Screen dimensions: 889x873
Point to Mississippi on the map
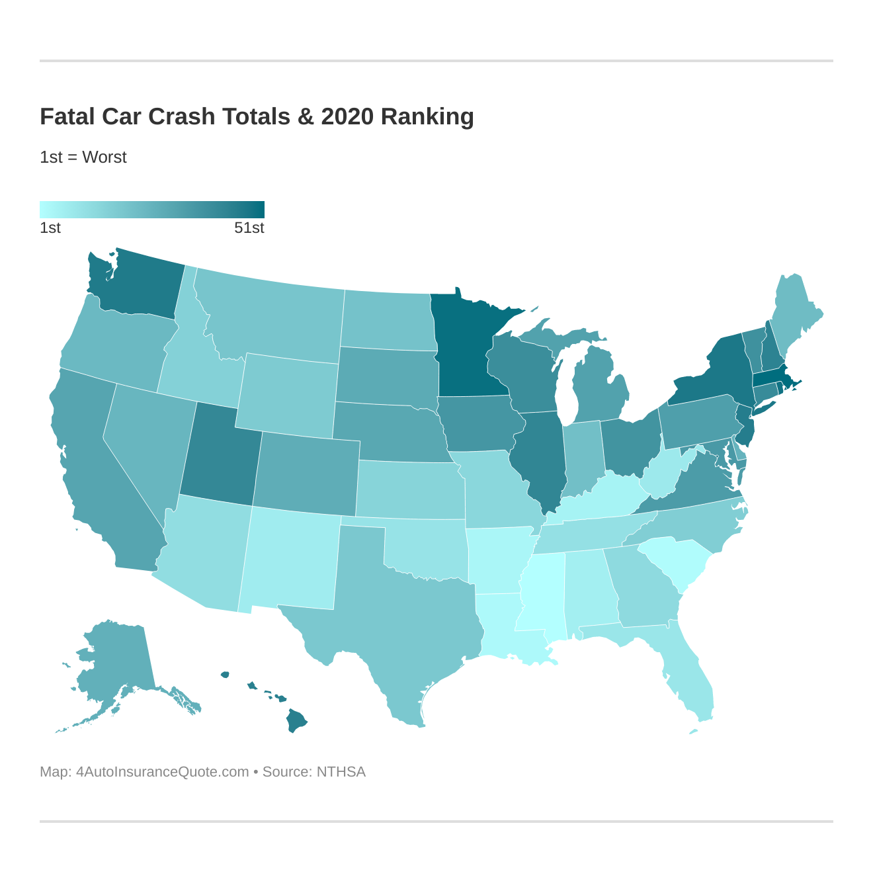(x=542, y=595)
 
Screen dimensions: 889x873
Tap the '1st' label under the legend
(x=50, y=228)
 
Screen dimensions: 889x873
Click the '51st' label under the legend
(x=249, y=228)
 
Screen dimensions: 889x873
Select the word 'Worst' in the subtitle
(x=104, y=157)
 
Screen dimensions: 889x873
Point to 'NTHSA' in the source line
(x=341, y=772)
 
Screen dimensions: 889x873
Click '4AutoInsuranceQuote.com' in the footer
(x=162, y=772)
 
